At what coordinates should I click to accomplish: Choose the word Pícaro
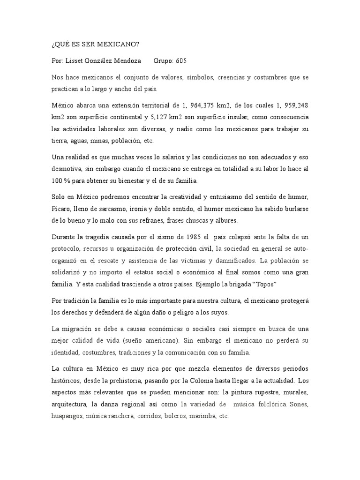[62, 195]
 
